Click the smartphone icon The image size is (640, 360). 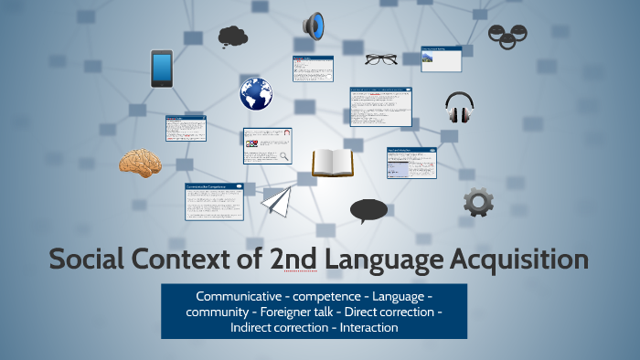tap(162, 68)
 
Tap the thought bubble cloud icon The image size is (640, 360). tap(232, 37)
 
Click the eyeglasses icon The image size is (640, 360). tap(380, 59)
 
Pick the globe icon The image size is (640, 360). tap(257, 93)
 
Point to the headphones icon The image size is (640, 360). tap(459, 107)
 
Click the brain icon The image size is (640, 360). tap(140, 162)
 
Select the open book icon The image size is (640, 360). tap(332, 163)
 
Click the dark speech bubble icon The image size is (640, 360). tap(368, 211)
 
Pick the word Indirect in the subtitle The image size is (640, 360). tap(253, 327)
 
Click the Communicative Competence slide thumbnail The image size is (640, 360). tap(215, 200)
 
